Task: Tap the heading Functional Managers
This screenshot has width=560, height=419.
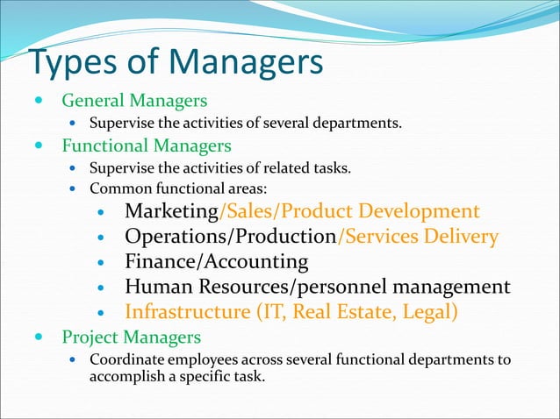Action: pos(146,145)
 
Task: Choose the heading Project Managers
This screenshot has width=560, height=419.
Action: pos(131,337)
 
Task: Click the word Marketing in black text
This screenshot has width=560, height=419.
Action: pos(171,211)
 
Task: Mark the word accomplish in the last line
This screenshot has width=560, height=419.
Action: pos(128,377)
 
